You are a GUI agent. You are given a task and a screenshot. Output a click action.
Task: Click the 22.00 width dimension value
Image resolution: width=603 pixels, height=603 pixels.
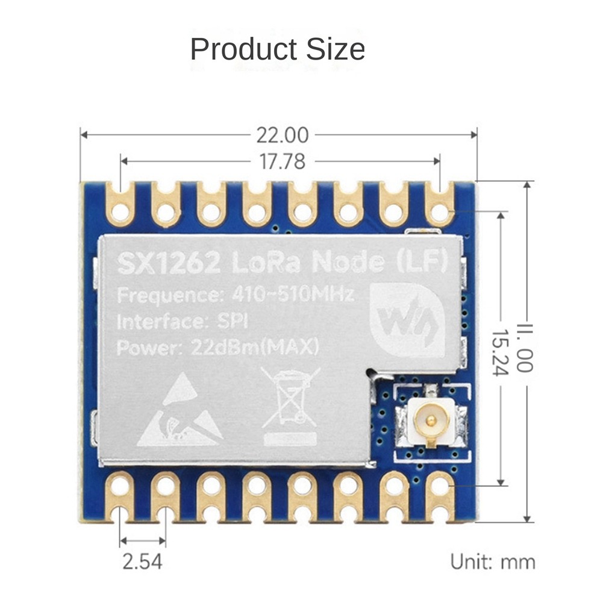[282, 136]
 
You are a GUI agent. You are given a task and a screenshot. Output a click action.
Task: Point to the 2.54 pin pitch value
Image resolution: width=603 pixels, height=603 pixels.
[143, 561]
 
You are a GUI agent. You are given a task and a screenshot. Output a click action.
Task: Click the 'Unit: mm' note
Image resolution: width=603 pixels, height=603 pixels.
[493, 562]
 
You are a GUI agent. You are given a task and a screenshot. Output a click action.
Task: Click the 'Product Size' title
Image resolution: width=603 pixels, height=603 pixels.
[278, 49]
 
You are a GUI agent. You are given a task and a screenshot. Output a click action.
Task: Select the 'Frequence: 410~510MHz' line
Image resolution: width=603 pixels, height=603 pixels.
[235, 295]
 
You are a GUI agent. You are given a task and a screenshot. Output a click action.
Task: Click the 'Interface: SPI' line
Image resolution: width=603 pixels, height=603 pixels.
[182, 322]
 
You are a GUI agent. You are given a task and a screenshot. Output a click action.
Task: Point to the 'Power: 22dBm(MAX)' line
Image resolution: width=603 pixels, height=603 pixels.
[217, 348]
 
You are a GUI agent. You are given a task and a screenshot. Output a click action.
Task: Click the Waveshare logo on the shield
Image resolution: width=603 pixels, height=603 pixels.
[407, 320]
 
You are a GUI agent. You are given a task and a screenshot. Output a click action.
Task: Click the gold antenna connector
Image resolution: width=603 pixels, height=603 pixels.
[430, 418]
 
